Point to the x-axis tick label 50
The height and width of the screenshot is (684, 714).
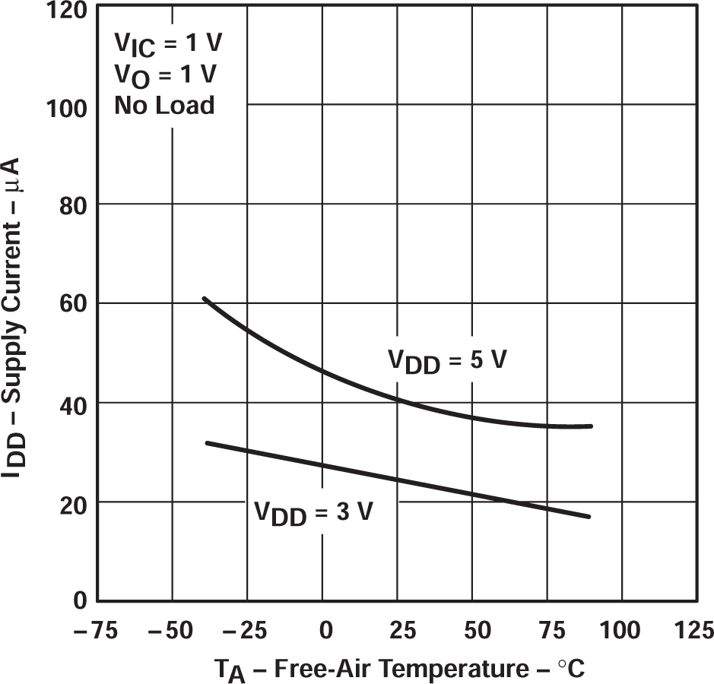[473, 629]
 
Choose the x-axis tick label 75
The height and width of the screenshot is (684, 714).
[547, 629]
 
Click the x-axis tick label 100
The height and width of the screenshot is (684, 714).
[622, 629]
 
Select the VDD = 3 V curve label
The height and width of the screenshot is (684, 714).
[313, 513]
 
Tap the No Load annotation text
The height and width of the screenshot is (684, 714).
[164, 105]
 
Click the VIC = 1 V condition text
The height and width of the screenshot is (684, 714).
[168, 44]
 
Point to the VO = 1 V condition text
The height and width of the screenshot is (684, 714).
[166, 75]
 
